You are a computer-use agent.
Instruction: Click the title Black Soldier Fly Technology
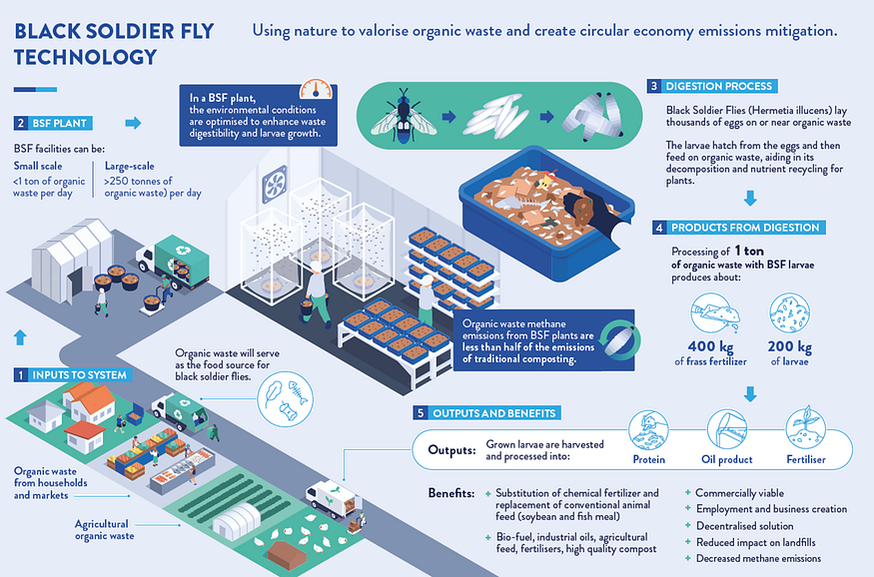click(x=114, y=43)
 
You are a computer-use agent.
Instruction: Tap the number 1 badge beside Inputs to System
click(x=19, y=374)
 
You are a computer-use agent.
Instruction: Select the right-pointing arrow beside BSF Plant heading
click(x=132, y=124)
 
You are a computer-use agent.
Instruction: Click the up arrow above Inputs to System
click(x=21, y=335)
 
